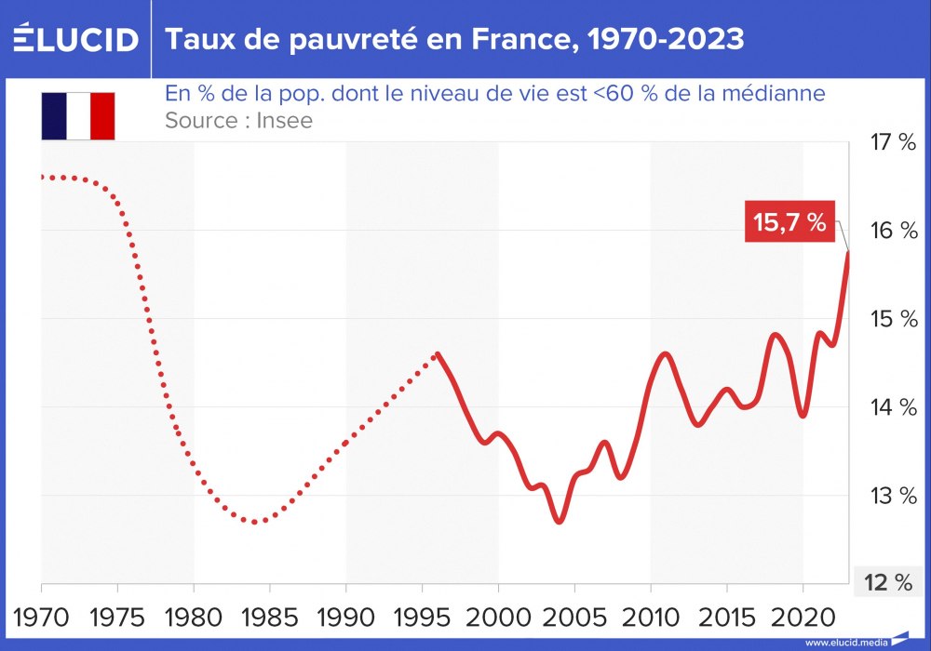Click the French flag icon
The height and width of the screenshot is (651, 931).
click(x=77, y=115)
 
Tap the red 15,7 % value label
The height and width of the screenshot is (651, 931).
click(x=789, y=222)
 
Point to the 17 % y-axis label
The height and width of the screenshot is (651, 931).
click(x=892, y=142)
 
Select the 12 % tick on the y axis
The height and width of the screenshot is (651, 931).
click(x=888, y=583)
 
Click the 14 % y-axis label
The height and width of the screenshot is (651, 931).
click(x=892, y=407)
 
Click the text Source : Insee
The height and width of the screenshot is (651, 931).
click(x=238, y=120)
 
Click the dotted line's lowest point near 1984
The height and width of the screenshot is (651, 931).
click(x=256, y=522)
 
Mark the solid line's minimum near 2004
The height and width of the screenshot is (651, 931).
click(x=559, y=521)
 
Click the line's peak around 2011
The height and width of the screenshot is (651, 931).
click(x=665, y=354)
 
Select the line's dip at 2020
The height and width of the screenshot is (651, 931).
click(x=803, y=416)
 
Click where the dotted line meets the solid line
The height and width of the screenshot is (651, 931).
click(x=437, y=354)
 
